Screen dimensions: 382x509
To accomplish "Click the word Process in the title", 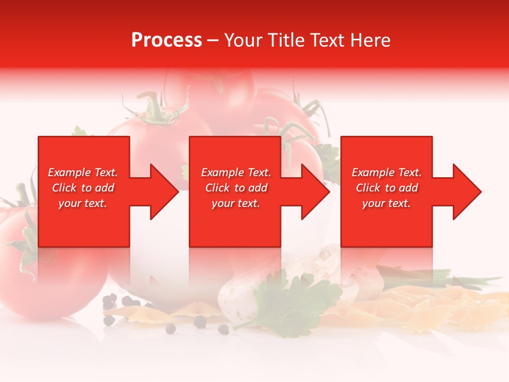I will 166,40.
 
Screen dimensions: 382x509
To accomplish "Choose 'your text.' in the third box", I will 387,203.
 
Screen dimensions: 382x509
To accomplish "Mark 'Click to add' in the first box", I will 83,188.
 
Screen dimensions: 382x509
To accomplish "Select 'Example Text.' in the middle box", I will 236,172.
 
